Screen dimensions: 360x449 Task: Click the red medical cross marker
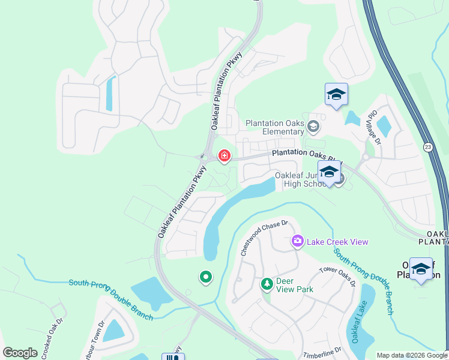coord(224,156)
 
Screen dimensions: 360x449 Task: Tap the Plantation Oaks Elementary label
coord(275,127)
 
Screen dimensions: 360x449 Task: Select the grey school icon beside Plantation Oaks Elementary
coord(313,127)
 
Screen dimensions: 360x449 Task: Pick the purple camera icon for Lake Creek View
coord(297,241)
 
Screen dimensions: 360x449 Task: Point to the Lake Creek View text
coord(337,242)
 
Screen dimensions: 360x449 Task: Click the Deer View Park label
coord(295,284)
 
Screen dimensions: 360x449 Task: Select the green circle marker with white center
coord(205,277)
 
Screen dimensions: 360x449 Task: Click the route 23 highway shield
coord(427,146)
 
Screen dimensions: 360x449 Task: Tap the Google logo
coord(20,353)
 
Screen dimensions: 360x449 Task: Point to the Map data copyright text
coord(412,355)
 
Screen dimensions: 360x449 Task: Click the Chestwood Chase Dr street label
coord(265,238)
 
